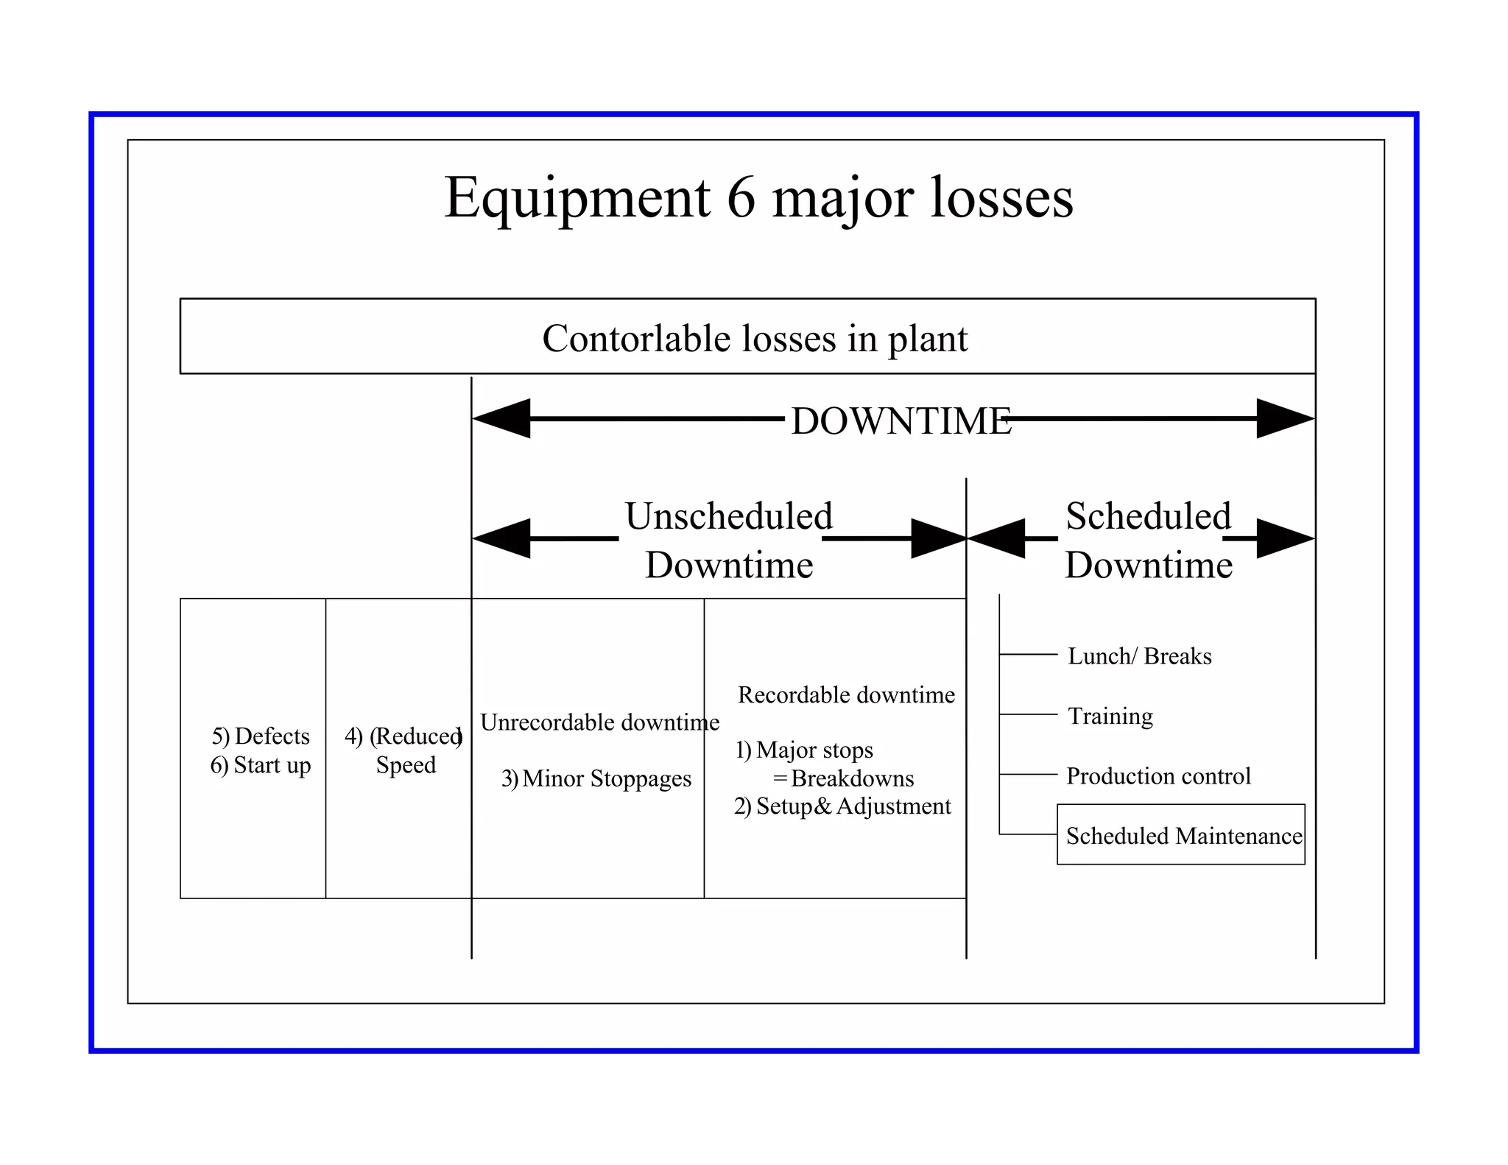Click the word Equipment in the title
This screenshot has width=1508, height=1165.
tap(577, 199)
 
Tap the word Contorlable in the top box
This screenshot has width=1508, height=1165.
tap(636, 339)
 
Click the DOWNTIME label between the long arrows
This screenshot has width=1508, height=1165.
tap(901, 421)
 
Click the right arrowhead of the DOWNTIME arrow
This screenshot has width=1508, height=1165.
tap(1284, 419)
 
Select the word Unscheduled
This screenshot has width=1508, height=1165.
tap(728, 515)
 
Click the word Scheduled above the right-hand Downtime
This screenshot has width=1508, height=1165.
tap(1148, 515)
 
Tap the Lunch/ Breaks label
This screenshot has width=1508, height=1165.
tap(1139, 655)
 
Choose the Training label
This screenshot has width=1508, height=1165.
tap(1110, 716)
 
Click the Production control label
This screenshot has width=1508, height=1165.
tap(1158, 775)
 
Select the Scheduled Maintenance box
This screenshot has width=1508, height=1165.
tap(1181, 835)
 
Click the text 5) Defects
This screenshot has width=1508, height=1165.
tap(261, 736)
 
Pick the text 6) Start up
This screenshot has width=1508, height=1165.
tap(261, 765)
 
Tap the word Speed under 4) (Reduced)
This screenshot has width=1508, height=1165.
tap(406, 765)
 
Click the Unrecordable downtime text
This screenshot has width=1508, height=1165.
tap(599, 722)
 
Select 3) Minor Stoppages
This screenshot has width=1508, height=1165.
tap(596, 778)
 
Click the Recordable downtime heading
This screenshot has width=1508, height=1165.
tap(846, 694)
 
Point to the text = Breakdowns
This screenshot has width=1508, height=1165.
tap(844, 778)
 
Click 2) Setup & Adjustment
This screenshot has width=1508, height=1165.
tap(842, 806)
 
